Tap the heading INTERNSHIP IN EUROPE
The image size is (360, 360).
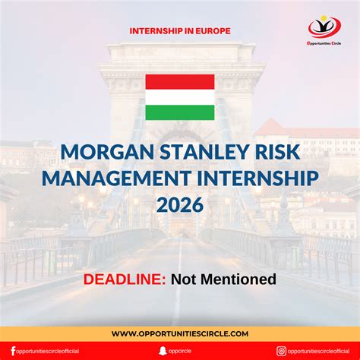pos(180,32)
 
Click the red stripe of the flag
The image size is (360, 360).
pos(179,81)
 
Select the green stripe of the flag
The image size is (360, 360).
pos(179,112)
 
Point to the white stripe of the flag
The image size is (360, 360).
pos(179,97)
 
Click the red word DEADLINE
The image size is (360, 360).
pos(125,279)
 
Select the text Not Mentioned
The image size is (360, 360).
pos(223,279)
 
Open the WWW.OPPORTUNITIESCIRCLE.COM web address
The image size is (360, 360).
pos(180,333)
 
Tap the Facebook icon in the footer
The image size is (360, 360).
pos(13,351)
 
